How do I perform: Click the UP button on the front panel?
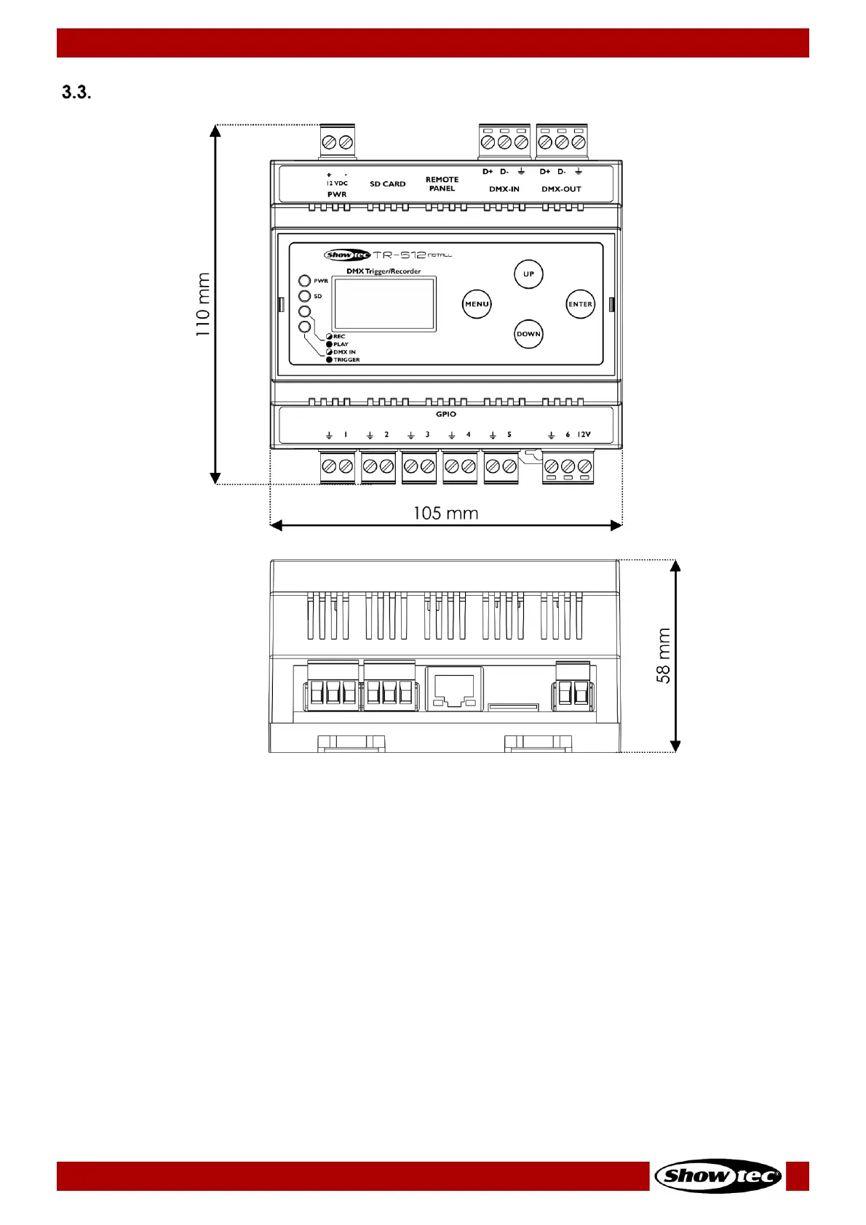pos(528,274)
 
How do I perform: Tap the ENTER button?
pos(580,304)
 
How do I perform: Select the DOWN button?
pos(528,334)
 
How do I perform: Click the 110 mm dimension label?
pos(203,304)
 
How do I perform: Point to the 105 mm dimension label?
pos(445,513)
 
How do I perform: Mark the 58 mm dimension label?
pos(664,655)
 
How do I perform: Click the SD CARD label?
pos(387,184)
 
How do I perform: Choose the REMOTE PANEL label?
pos(442,184)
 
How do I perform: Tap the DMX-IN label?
pos(504,189)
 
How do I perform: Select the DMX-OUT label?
pos(561,189)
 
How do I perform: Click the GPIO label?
pos(446,414)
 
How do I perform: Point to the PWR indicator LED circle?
pos(305,281)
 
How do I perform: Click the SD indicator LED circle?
pos(305,296)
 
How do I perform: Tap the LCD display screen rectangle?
pos(384,304)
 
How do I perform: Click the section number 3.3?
pos(76,92)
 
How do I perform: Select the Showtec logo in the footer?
pos(718,1176)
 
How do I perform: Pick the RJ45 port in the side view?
pos(454,687)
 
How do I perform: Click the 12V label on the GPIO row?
pos(584,434)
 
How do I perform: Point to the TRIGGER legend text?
pos(346,359)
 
